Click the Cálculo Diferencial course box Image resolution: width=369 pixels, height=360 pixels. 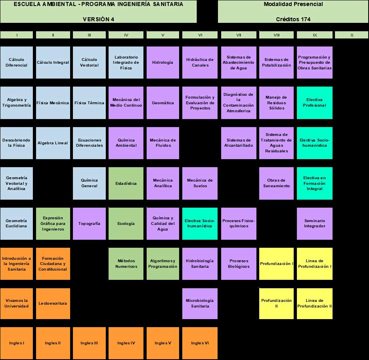click(16, 63)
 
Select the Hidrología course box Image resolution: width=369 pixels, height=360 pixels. click(163, 63)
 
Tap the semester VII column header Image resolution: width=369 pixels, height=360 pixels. click(239, 35)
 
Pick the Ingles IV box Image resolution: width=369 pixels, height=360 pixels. click(126, 343)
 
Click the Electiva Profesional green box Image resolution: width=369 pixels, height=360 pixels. click(315, 103)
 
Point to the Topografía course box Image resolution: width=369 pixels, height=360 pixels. click(89, 223)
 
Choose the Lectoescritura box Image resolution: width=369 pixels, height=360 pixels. click(53, 303)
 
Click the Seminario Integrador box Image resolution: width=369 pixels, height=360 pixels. click(315, 223)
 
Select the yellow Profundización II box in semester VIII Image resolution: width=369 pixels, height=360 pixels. click(276, 303)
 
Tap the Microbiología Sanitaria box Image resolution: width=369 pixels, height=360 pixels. click(200, 303)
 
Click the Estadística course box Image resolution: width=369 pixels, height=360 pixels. click(126, 183)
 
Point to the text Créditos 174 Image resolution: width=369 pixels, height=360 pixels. click(293, 19)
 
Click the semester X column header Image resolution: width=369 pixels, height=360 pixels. click(351, 35)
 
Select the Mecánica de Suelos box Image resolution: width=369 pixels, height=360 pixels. click(200, 183)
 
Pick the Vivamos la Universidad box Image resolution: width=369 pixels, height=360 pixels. click(16, 303)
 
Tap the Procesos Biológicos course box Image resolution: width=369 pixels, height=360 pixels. click(239, 263)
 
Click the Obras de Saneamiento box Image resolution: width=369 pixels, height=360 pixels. click(276, 183)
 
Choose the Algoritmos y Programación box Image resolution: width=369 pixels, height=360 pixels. click(163, 263)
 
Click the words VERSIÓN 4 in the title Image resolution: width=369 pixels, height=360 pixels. click(98, 19)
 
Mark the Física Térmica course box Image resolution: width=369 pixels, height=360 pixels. click(89, 103)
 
